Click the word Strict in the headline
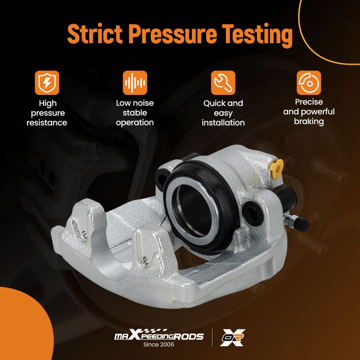95,33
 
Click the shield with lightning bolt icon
47,83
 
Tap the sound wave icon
135,83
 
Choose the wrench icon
223,83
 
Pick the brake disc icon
309,83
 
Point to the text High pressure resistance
47,113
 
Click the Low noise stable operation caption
135,113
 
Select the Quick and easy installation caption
223,113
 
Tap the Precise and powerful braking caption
309,112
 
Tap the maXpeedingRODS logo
159,335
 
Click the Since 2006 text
159,345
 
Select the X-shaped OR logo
232,338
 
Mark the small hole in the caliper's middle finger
145,260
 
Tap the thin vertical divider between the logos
212,338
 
